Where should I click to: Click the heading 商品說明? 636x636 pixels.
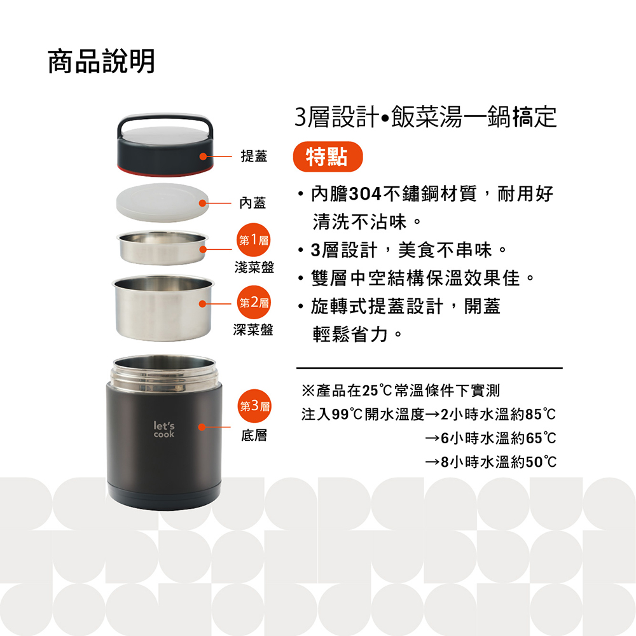tap(101, 61)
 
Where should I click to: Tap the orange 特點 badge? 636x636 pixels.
tap(328, 156)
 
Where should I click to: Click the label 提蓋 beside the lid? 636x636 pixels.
tap(254, 156)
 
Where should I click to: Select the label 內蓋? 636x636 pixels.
tap(252, 203)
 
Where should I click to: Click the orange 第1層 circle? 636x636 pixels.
tap(254, 240)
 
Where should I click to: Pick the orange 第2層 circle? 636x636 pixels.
tap(254, 302)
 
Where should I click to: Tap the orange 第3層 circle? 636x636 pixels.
tap(254, 406)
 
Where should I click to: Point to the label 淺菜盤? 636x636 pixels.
tap(254, 267)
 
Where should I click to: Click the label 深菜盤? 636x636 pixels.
tap(253, 329)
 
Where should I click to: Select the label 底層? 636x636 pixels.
tap(254, 435)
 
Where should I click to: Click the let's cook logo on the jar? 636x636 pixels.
tap(164, 429)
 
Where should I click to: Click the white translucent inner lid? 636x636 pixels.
tap(162, 202)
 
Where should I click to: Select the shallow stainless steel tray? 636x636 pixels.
tap(162, 248)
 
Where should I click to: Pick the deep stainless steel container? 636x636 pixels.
tap(163, 308)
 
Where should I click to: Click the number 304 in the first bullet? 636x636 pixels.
tap(365, 194)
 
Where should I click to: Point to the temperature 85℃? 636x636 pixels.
tap(540, 415)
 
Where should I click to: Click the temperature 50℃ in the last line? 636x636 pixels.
tap(541, 462)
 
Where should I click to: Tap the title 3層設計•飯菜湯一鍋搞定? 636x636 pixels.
tap(425, 117)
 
